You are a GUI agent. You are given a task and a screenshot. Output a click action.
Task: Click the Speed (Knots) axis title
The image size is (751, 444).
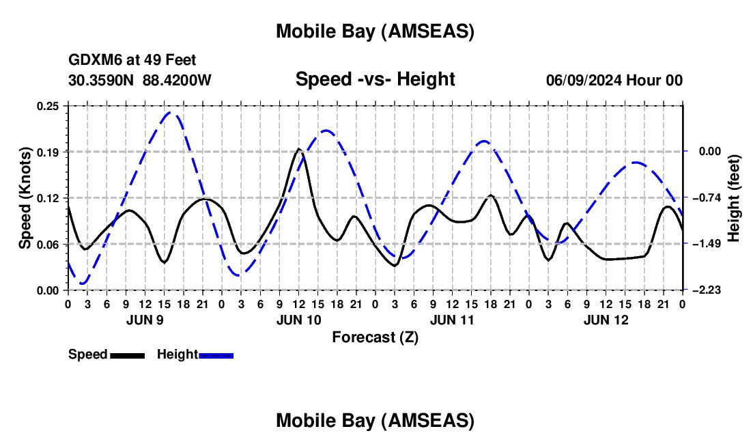click(25, 198)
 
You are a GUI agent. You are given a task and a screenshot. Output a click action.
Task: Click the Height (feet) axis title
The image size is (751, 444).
click(734, 198)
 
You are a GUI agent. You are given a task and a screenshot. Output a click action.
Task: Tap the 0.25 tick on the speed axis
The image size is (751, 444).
click(48, 106)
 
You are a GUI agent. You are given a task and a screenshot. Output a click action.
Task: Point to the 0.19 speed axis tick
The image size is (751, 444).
click(48, 152)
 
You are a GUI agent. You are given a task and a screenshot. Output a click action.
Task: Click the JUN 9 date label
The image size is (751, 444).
click(145, 320)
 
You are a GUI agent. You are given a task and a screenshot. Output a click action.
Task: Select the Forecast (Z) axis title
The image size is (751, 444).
click(375, 337)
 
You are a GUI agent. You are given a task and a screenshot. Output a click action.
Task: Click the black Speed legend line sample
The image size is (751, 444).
click(127, 355)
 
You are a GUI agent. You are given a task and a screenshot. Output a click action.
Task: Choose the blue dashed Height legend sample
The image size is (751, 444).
click(216, 355)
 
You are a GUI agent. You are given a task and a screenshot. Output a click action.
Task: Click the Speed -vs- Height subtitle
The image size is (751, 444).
click(375, 79)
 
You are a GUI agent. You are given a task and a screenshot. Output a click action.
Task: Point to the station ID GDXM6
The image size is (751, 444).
click(94, 61)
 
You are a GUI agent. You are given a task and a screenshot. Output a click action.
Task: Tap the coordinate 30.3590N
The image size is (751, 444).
click(102, 81)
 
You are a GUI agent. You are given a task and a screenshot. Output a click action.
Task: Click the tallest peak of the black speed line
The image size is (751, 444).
click(298, 149)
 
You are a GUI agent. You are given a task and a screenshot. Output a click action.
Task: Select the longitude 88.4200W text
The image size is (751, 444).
click(178, 81)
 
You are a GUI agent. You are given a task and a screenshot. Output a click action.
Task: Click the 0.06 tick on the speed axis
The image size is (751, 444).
click(48, 244)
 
